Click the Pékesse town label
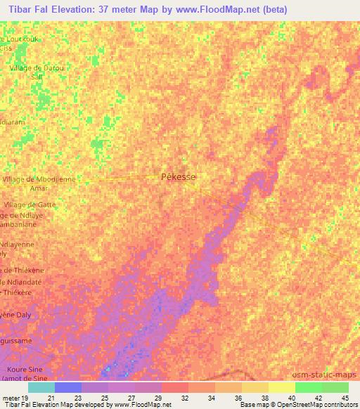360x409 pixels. click(179, 178)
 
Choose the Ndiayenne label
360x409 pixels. click(21, 243)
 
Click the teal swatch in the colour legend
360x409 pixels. click(41, 387)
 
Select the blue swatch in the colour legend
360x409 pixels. click(68, 387)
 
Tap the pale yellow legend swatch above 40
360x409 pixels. click(281, 387)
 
